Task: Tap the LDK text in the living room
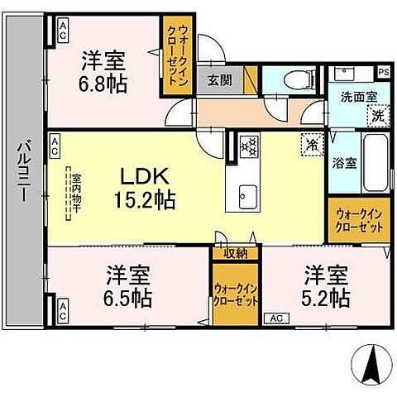click(x=146, y=177)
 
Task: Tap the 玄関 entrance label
click(x=219, y=80)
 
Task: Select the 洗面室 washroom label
click(x=359, y=96)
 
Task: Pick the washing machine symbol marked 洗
click(x=376, y=117)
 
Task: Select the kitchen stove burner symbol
click(x=248, y=147)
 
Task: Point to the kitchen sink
click(x=247, y=196)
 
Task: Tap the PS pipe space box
click(x=383, y=73)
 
